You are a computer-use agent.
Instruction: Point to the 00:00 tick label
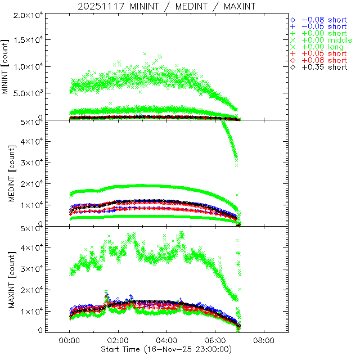(x=69, y=341)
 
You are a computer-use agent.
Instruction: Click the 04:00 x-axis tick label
(x=166, y=341)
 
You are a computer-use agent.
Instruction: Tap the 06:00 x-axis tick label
(x=215, y=341)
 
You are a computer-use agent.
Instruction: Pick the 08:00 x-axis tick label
(x=264, y=341)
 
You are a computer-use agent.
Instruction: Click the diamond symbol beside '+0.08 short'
(x=293, y=60)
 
